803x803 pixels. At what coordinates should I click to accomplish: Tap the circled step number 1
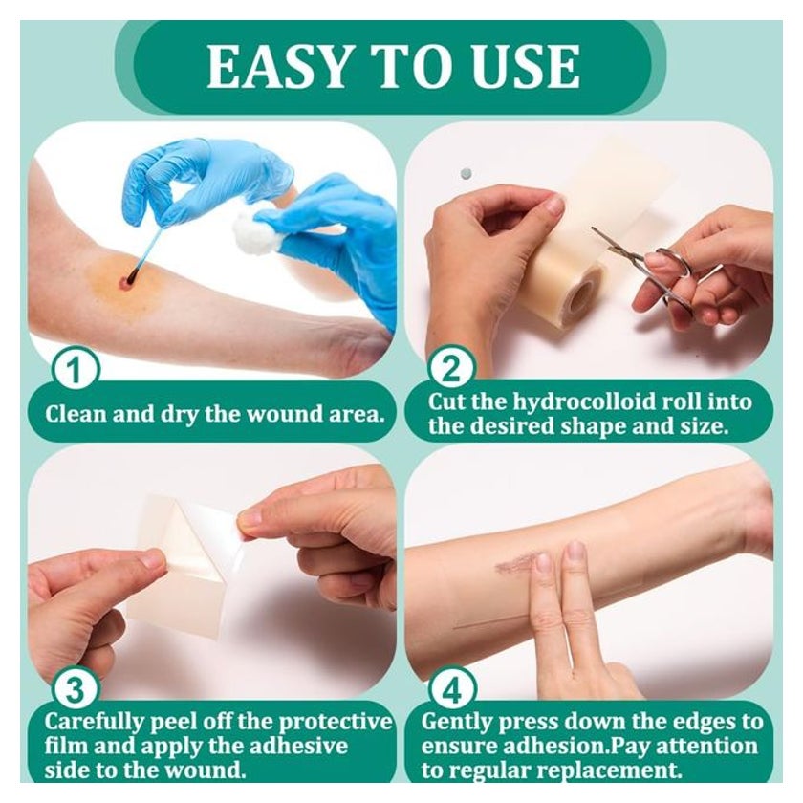pyautogui.click(x=76, y=370)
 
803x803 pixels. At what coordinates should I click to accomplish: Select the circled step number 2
pyautogui.click(x=450, y=369)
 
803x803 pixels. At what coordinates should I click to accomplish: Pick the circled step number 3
pyautogui.click(x=76, y=690)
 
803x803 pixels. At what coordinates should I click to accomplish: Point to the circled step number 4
pyautogui.click(x=452, y=690)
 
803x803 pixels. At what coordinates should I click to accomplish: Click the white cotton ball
pyautogui.click(x=254, y=228)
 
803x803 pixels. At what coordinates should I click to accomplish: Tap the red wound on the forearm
pyautogui.click(x=125, y=281)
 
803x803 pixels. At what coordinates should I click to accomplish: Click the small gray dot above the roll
pyautogui.click(x=465, y=174)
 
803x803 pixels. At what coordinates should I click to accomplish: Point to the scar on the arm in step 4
pyautogui.click(x=517, y=563)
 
